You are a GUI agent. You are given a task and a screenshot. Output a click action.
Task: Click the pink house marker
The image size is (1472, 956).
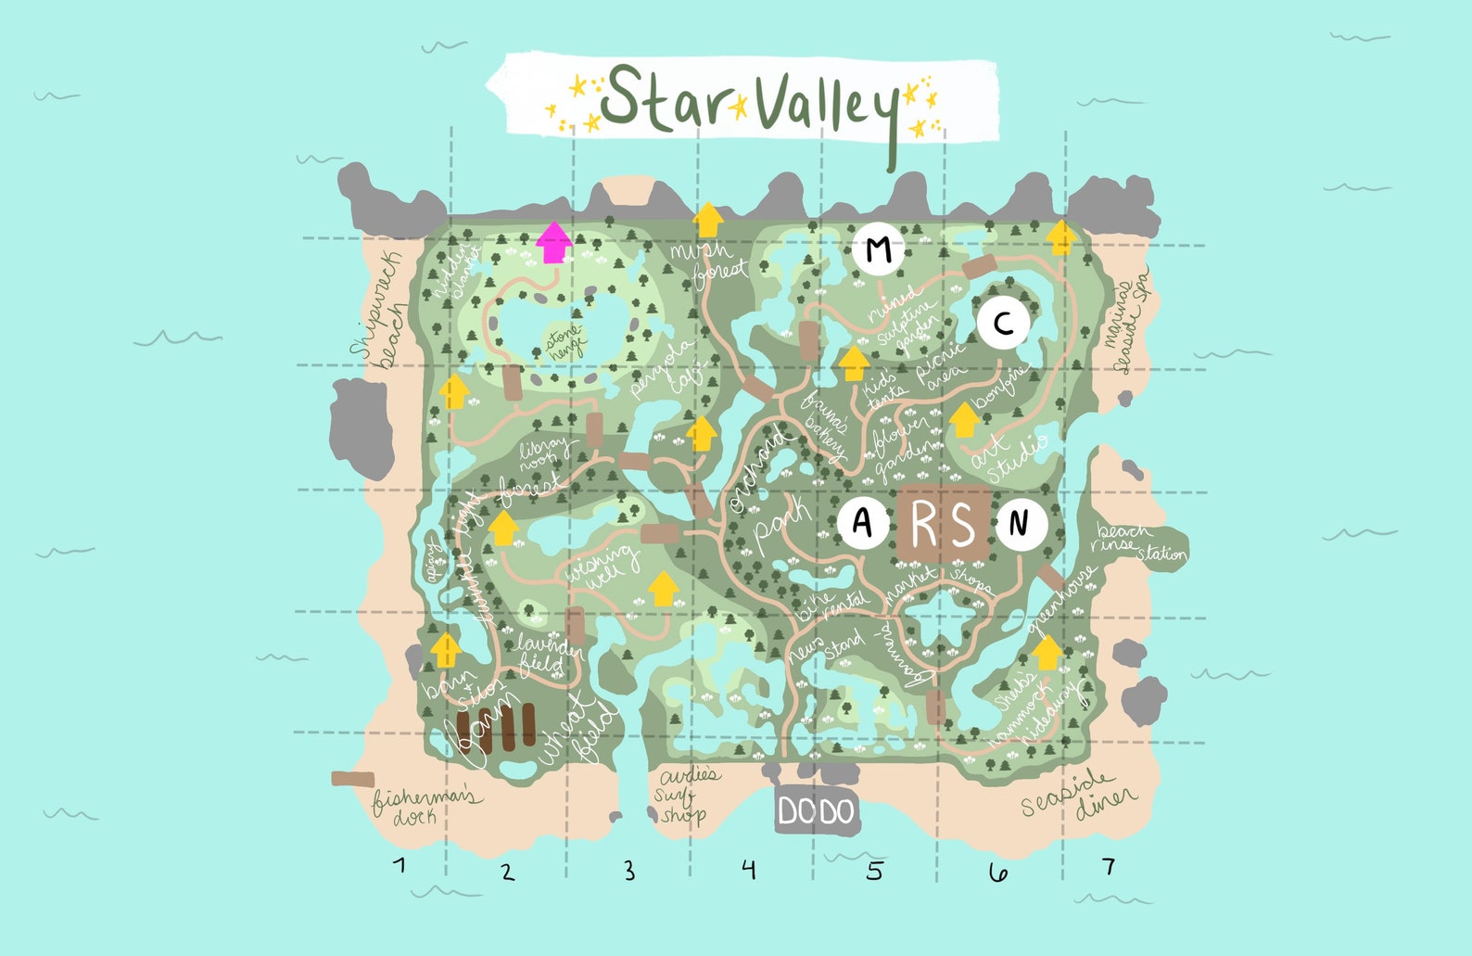coord(553,242)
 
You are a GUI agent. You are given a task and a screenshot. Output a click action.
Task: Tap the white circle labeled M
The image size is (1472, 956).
coord(879,249)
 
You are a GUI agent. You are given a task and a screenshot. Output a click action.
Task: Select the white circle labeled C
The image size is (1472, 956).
coord(1003,324)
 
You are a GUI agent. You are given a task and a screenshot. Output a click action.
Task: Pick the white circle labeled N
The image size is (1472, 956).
coord(1021,524)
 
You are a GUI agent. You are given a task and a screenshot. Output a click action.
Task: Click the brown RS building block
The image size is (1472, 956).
coord(943,525)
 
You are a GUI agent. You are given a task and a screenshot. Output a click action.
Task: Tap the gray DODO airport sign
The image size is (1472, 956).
coord(816,812)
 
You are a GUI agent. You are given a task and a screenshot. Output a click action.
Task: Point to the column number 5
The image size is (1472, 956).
coord(875,871)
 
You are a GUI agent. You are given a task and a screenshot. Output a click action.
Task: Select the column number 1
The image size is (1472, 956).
coord(400,866)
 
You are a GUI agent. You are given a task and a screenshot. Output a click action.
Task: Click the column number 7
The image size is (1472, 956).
coord(1108,866)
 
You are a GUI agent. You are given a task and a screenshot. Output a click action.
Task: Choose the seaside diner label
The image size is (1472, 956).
coord(1078,795)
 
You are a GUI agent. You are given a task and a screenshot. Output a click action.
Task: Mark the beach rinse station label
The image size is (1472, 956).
coord(1137,542)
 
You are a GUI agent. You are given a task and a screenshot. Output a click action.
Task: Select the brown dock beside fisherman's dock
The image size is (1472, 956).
coord(353,779)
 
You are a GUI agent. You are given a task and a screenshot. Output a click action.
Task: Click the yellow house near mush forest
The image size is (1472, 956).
coord(708,221)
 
